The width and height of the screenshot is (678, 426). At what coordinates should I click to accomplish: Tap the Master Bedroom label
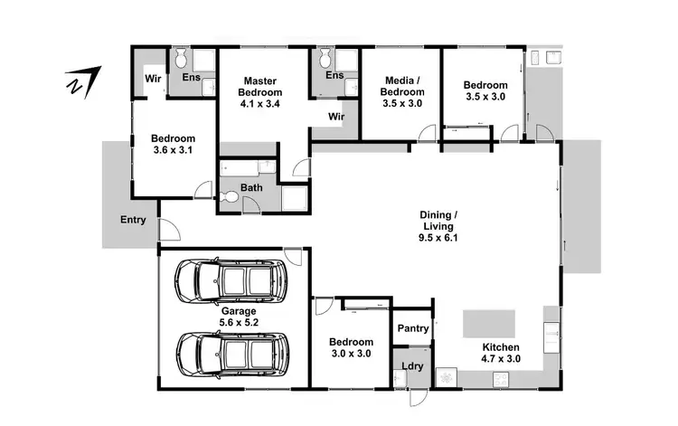[260, 86]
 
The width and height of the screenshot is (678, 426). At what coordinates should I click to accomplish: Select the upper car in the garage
[231, 282]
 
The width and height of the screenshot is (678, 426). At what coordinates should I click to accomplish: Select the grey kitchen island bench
[489, 323]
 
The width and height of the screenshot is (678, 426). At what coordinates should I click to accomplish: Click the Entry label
[133, 220]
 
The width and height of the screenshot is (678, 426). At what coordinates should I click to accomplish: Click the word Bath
[251, 187]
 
